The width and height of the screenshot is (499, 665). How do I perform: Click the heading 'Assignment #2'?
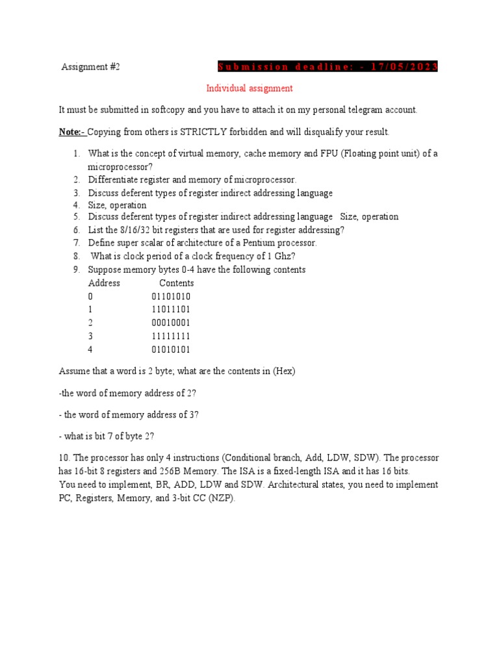(91, 67)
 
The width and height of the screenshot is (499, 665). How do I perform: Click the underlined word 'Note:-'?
(72, 132)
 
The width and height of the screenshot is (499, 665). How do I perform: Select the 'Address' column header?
(104, 283)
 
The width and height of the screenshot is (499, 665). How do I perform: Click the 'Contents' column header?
(177, 283)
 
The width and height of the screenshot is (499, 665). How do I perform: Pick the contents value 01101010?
(171, 297)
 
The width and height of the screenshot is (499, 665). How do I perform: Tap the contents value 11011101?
(171, 310)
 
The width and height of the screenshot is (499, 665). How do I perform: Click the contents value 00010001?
(171, 323)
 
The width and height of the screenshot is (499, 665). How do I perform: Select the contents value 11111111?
(171, 336)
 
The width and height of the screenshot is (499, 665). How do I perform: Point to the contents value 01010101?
(171, 349)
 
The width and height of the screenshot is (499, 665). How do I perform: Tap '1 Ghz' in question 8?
(280, 256)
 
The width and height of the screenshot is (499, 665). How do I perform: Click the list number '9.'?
(76, 270)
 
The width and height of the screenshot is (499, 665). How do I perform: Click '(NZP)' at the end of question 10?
(223, 499)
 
